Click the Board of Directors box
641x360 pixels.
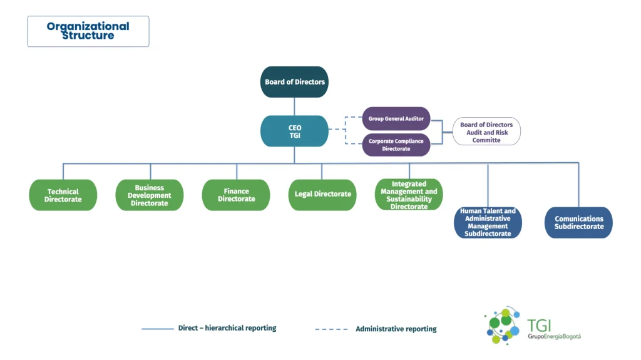[294, 82]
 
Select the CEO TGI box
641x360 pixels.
[294, 131]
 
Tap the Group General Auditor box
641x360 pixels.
[396, 118]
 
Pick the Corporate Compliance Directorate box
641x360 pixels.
[396, 145]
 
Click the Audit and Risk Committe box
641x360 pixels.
[486, 131]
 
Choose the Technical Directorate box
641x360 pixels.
[63, 195]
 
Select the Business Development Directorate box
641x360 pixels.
[149, 195]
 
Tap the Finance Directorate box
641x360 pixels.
[236, 195]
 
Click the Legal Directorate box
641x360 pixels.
[322, 195]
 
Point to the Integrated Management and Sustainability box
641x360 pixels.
[409, 195]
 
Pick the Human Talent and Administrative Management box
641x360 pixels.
[488, 222]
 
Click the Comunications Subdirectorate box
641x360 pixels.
[578, 222]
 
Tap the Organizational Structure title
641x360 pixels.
[88, 31]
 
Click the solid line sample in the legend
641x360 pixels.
[158, 329]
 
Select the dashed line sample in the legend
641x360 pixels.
[332, 329]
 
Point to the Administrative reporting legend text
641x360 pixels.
[396, 329]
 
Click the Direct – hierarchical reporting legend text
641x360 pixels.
[227, 328]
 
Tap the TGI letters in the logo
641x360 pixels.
[539, 326]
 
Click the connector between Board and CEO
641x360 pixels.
[294, 106]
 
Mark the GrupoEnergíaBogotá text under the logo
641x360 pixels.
[554, 337]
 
